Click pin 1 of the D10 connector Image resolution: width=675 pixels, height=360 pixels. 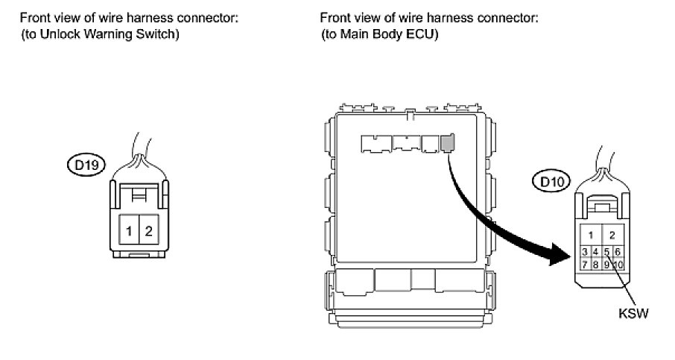coord(591,235)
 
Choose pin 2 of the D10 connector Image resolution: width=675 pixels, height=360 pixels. coord(612,235)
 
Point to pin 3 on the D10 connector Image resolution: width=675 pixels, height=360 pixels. coord(586,252)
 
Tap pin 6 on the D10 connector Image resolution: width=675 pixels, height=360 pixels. coord(618,252)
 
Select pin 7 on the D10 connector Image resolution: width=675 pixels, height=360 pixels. coord(586,264)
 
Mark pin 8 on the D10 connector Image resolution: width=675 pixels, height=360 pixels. coord(596,264)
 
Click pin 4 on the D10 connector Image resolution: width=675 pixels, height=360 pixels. coord(596,252)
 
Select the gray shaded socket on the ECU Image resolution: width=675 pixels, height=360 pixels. coord(447,142)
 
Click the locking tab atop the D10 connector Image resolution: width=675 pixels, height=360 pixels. coord(602,203)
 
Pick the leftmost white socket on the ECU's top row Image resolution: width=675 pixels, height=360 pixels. coord(375,141)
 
